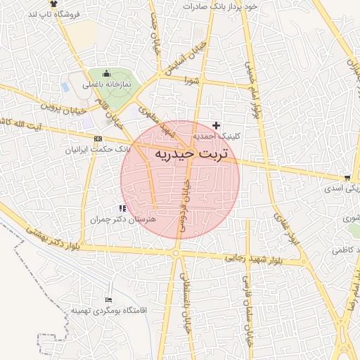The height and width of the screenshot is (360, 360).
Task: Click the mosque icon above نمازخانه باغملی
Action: point(107,73)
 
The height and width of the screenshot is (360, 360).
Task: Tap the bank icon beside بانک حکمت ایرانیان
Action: point(97,139)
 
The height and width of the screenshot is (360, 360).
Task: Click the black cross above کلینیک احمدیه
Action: point(216,124)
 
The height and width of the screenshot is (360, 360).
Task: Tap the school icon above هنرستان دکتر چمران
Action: point(123,208)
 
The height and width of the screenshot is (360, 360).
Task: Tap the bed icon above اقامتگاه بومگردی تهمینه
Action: point(107,300)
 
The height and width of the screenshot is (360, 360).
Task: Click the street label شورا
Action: point(193,81)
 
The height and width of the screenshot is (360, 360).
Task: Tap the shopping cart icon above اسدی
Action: point(347,177)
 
